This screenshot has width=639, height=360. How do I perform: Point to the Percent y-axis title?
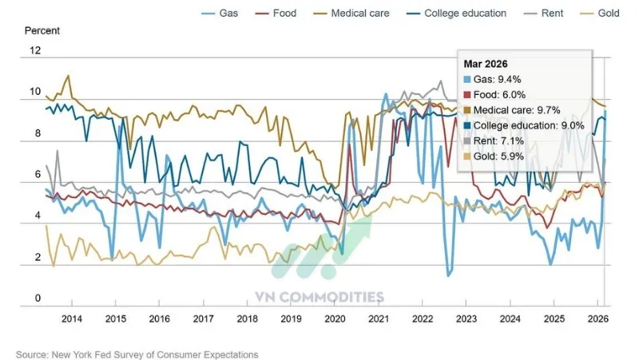(x=42, y=31)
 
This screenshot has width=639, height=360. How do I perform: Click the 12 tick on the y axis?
(x=34, y=50)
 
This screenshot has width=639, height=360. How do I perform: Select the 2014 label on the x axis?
(x=71, y=318)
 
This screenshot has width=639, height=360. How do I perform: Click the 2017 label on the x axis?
(x=204, y=318)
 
